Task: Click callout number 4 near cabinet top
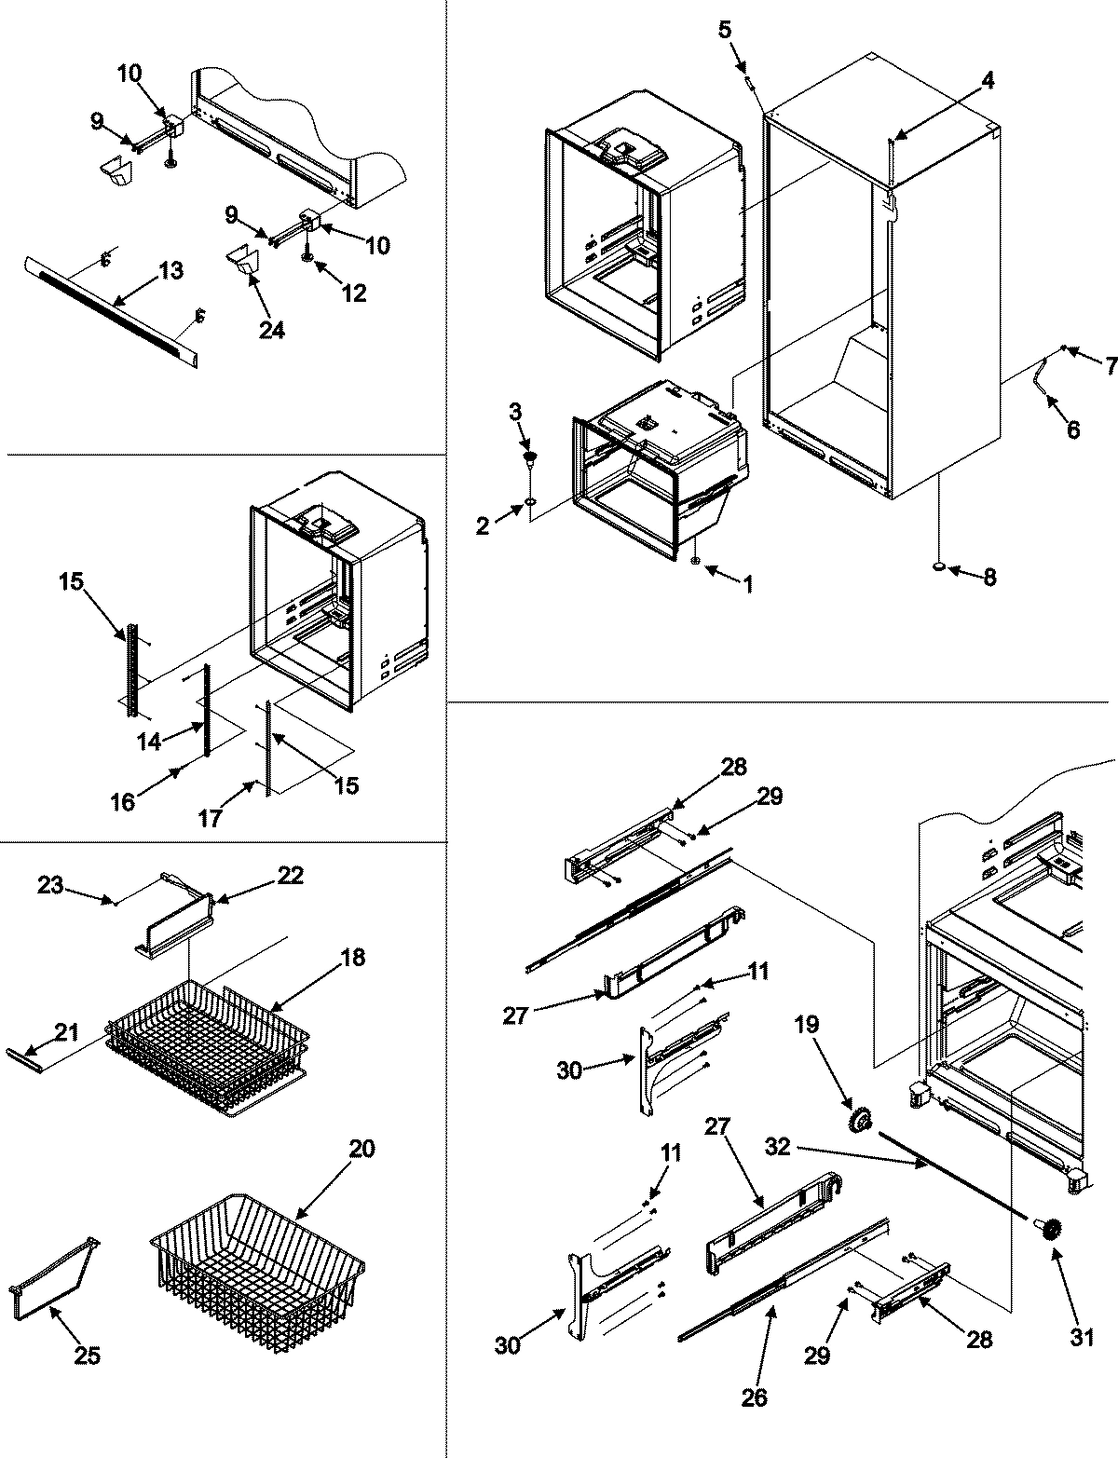pos(987,81)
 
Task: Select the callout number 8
pos(988,578)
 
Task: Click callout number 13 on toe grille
pos(170,271)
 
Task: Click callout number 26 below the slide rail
pos(755,1397)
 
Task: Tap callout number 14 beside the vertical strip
pos(148,742)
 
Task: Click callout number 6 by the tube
pos(1072,429)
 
